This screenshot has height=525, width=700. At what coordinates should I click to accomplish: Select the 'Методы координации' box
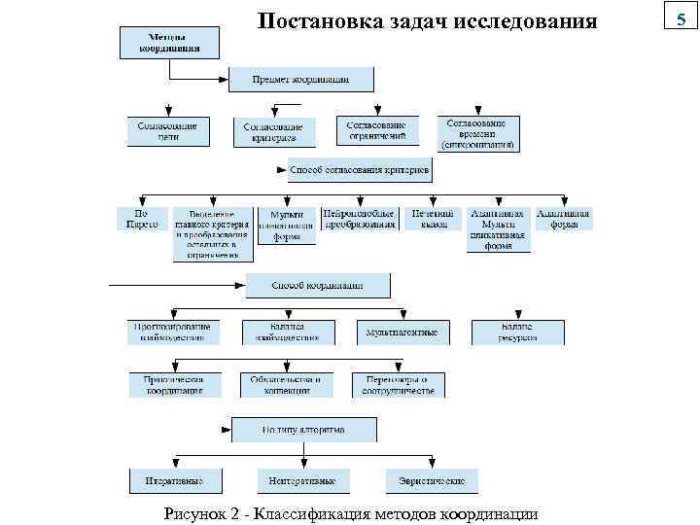[169, 43]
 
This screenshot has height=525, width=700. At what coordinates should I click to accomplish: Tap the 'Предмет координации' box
[300, 79]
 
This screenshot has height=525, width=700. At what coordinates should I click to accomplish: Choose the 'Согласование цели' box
[168, 131]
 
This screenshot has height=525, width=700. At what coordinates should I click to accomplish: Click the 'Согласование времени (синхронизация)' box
[477, 134]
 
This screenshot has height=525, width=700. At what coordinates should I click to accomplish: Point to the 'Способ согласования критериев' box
[359, 171]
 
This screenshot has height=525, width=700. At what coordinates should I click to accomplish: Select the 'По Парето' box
[136, 219]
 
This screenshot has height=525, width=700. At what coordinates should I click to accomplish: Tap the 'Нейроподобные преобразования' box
[360, 219]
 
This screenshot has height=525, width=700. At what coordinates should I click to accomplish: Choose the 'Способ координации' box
[317, 286]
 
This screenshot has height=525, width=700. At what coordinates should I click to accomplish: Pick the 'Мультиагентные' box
[402, 332]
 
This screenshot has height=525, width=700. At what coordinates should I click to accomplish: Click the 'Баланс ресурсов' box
[517, 332]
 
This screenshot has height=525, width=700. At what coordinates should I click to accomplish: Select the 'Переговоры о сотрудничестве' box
[397, 384]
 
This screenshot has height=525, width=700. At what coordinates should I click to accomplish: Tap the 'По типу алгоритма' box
[302, 429]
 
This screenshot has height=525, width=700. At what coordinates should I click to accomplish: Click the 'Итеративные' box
[175, 481]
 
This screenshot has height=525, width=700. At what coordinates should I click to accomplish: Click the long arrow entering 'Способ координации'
[175, 286]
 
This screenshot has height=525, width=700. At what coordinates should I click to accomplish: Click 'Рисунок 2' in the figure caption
[204, 513]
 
